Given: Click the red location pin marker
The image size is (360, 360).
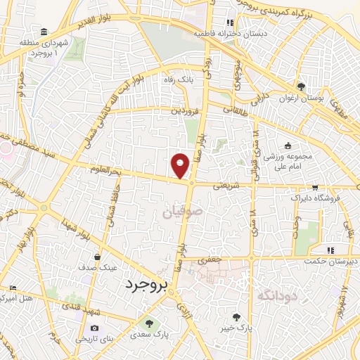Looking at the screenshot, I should click(181, 165).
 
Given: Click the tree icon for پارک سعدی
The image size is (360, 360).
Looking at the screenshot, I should click(148, 323).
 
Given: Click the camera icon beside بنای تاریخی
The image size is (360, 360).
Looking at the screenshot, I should click(95, 328).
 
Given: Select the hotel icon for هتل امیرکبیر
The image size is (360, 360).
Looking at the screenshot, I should click(13, 288).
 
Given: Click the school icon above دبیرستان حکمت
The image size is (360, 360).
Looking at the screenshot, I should click(329, 250).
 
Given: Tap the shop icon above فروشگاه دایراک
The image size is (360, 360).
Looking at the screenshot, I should click(315, 187).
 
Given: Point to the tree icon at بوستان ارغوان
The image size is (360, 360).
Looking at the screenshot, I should click(301, 86).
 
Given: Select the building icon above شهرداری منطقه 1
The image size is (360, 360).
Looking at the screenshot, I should click(44, 32).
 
